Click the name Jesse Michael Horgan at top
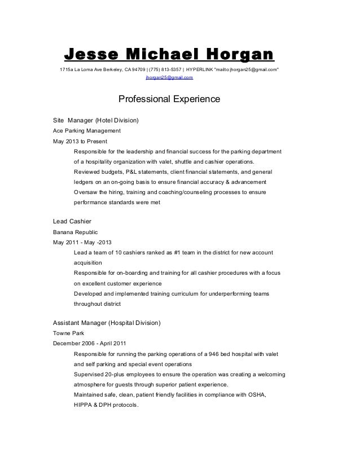pyautogui.click(x=169, y=55)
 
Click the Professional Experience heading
pyautogui.click(x=168, y=100)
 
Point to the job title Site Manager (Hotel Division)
pyautogui.click(x=95, y=120)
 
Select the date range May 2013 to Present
pyautogui.click(x=78, y=141)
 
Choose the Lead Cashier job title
pyautogui.click(x=72, y=221)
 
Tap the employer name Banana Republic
pyautogui.click(x=75, y=232)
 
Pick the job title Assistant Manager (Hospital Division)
pyautogui.click(x=107, y=323)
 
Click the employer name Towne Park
pyautogui.click(x=68, y=333)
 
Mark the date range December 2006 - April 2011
pyautogui.click(x=89, y=344)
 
